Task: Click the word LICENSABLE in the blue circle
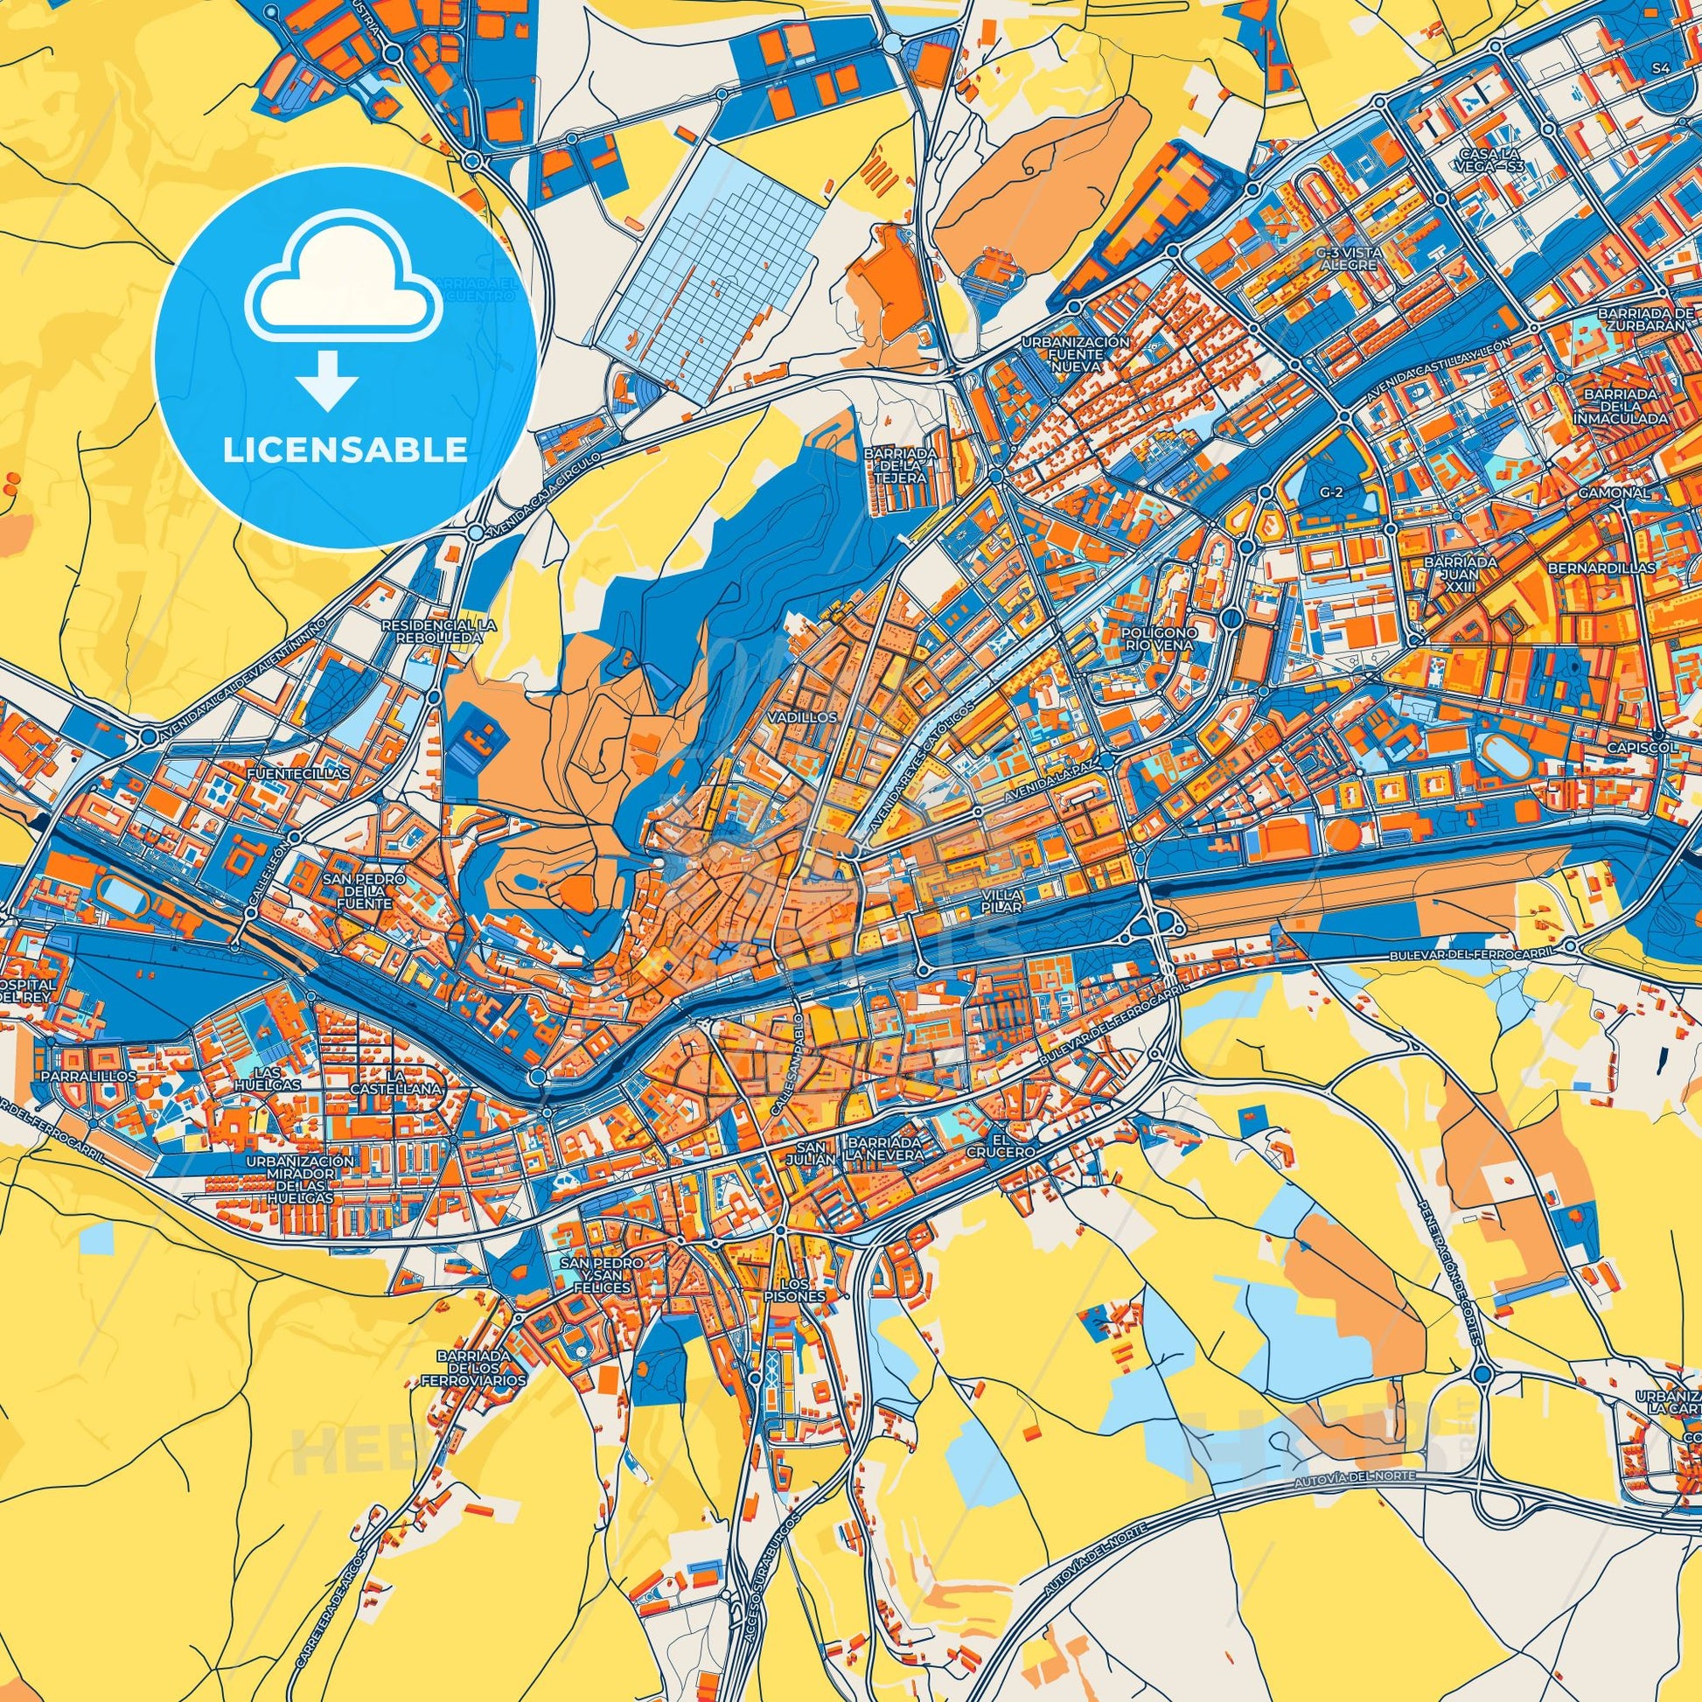(345, 451)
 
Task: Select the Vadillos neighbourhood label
(802, 718)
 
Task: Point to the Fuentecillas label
(299, 772)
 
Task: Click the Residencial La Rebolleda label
(438, 631)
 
